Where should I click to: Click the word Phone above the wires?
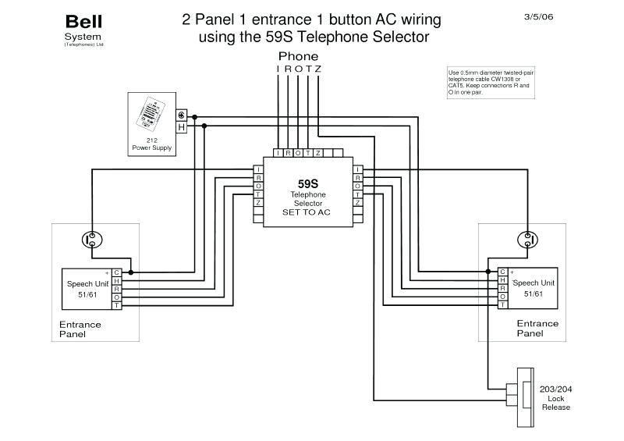[x=298, y=56]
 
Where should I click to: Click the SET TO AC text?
[x=308, y=211]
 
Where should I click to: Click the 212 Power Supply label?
[x=152, y=144]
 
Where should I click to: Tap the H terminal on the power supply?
[x=181, y=126]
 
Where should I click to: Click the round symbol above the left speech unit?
[x=91, y=238]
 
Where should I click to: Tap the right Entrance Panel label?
[x=537, y=328]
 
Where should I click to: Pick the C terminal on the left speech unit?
[x=116, y=272]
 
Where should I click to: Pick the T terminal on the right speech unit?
[x=503, y=305]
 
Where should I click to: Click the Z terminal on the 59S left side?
[x=258, y=203]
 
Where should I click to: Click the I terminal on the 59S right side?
[x=357, y=169]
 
